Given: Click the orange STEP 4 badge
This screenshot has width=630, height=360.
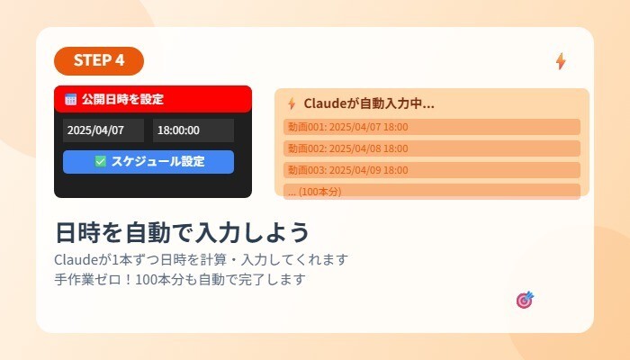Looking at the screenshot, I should click(99, 60).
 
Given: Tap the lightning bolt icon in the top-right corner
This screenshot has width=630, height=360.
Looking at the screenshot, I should click(561, 61).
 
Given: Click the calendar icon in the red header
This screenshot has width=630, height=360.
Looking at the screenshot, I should click(71, 99).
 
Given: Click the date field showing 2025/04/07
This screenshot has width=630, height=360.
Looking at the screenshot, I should click(103, 130).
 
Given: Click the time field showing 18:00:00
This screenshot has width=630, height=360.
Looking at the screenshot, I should click(193, 130).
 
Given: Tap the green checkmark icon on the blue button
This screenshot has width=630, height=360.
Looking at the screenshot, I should click(101, 162).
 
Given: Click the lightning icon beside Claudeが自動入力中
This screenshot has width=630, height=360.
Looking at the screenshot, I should click(292, 103).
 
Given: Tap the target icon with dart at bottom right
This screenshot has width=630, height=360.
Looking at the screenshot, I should click(525, 300).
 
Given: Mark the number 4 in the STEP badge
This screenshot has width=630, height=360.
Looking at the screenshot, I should click(121, 60).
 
